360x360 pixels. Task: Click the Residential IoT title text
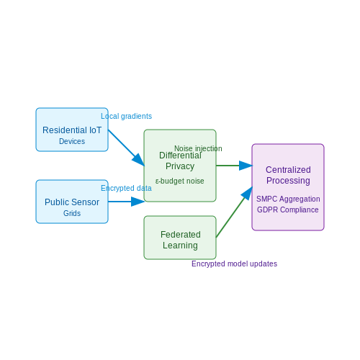(x=72, y=130)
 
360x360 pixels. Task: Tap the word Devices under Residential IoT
(x=72, y=141)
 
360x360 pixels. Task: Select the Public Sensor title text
(x=72, y=202)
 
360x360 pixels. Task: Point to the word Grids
(x=72, y=213)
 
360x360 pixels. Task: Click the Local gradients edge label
(x=126, y=116)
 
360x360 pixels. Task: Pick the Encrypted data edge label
(x=126, y=188)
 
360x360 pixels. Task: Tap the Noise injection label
(x=198, y=148)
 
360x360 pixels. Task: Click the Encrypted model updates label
(x=234, y=264)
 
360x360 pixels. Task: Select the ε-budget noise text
(x=180, y=181)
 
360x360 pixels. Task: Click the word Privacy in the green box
(x=180, y=166)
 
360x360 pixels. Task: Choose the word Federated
(x=181, y=235)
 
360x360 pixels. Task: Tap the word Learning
(x=180, y=246)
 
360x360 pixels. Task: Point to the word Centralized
(x=288, y=170)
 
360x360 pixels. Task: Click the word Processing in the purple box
(x=288, y=181)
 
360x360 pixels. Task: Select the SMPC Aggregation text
(x=288, y=199)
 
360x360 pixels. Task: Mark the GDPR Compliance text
(x=288, y=210)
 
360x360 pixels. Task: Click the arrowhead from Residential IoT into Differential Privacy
(x=139, y=160)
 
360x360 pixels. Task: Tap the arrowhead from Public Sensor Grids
(x=138, y=202)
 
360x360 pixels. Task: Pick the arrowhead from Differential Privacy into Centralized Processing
(x=246, y=166)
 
